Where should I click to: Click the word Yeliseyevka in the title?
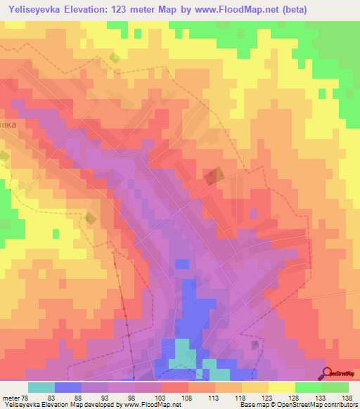point(32,9)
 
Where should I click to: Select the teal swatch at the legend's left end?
point(41,387)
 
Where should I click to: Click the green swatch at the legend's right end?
point(335,387)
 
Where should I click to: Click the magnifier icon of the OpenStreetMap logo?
point(326,373)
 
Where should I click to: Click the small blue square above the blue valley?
point(182,264)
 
